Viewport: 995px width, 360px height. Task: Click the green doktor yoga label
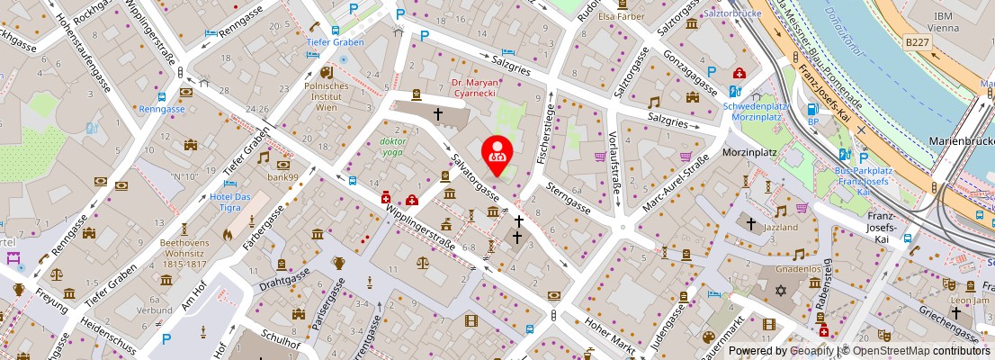pyautogui.click(x=393, y=147)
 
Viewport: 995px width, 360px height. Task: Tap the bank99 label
pyautogui.click(x=282, y=176)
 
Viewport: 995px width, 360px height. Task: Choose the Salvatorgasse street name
pyautogui.click(x=475, y=175)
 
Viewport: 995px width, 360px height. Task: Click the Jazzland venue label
pyautogui.click(x=782, y=229)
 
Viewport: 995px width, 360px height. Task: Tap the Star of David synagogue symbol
pyautogui.click(x=781, y=290)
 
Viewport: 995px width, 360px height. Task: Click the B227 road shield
pyautogui.click(x=917, y=42)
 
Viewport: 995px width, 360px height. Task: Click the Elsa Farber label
pyautogui.click(x=618, y=15)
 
